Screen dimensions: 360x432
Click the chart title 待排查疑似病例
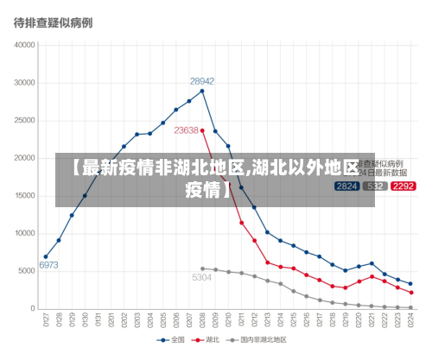point(53,22)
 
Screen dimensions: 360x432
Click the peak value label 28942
point(202,81)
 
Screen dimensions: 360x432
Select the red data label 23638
point(186,130)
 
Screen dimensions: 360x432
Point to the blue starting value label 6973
point(48,265)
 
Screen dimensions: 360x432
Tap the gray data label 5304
point(201,277)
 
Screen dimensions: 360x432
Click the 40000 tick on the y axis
point(24,45)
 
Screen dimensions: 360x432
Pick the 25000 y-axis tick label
point(24,121)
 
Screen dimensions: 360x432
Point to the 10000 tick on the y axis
point(24,233)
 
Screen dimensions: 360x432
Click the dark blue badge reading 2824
point(346,186)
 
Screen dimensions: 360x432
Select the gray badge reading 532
point(375,186)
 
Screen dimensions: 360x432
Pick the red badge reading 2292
point(403,186)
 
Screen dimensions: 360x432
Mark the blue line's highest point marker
point(202,91)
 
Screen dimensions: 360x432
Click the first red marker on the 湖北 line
point(202,130)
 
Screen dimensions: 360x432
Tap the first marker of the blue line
point(46,256)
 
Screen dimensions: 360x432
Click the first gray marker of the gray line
point(202,268)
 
